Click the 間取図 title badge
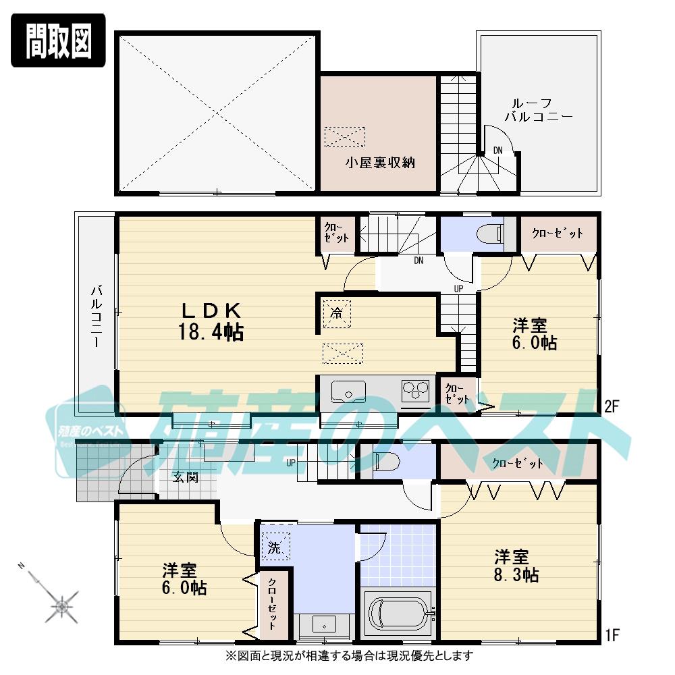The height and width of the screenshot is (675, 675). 58,41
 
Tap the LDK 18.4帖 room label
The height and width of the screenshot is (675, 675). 210,321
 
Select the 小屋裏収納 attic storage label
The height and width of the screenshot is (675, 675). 380,162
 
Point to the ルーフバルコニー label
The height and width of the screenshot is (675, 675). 539,110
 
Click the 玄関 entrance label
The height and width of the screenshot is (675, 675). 184,477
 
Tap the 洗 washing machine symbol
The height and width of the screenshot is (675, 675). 275,547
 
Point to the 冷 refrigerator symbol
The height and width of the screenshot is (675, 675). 335,313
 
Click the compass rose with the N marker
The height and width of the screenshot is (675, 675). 62,605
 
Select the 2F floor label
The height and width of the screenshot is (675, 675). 612,406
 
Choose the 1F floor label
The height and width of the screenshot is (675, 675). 612,634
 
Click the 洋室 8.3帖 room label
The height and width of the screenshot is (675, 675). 516,566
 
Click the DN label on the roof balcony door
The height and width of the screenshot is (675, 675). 497,150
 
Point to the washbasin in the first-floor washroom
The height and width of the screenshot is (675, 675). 324,625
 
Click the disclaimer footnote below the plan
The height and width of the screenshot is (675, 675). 349,655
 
